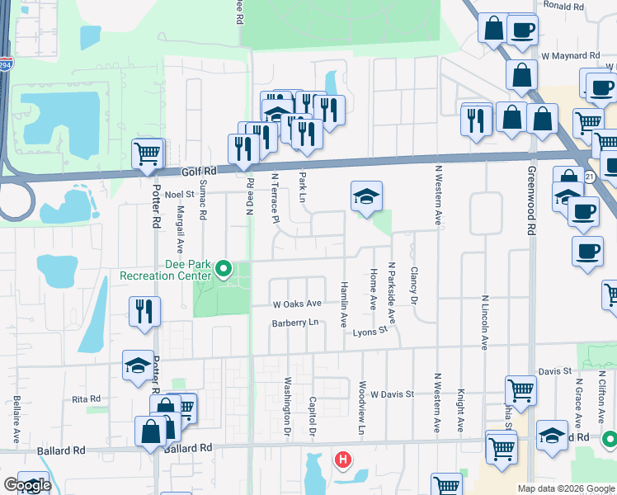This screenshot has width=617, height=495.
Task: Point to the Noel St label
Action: (x=179, y=194)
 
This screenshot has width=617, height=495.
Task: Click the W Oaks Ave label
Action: (x=297, y=304)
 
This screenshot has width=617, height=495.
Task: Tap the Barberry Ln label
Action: (x=294, y=323)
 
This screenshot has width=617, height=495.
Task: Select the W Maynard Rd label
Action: (x=570, y=56)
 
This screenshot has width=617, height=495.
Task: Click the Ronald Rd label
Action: (x=564, y=6)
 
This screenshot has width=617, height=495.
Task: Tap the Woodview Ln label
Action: (x=361, y=408)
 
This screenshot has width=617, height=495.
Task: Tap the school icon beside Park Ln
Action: (x=366, y=196)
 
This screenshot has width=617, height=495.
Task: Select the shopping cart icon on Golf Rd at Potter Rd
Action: (x=147, y=153)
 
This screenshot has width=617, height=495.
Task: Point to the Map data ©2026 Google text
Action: (x=565, y=488)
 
